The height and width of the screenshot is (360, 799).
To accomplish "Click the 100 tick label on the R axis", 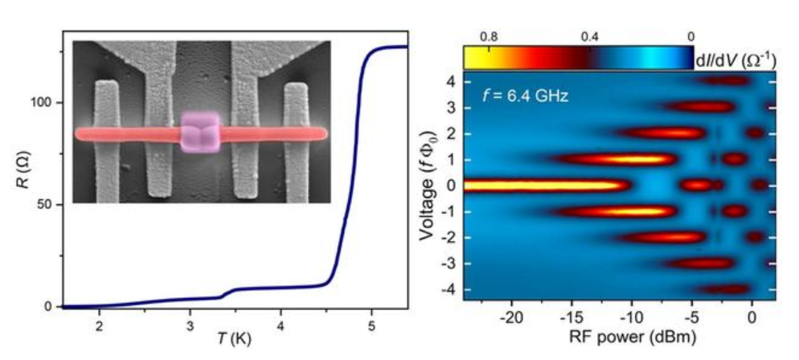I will [x=44, y=103].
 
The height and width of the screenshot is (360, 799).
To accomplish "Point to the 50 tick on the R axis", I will [x=47, y=205].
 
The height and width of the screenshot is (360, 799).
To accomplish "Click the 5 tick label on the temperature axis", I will [x=371, y=325].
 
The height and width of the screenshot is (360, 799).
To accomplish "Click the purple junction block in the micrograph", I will [x=199, y=133].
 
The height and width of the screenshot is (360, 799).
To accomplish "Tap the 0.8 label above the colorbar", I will [x=488, y=37].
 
